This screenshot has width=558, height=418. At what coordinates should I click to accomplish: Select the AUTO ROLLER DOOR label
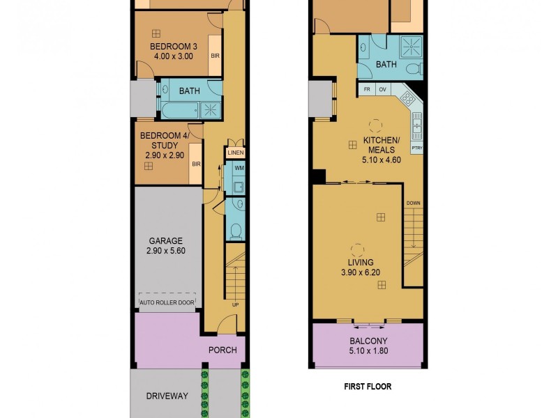tap(167, 303)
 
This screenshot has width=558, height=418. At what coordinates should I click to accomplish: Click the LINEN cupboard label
tap(235, 153)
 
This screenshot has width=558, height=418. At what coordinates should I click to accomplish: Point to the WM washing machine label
tap(239, 169)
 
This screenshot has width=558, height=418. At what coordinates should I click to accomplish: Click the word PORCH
tap(223, 350)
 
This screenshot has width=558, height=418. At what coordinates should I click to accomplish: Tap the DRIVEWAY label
tap(167, 396)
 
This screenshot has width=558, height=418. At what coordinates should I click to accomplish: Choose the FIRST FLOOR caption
tap(367, 386)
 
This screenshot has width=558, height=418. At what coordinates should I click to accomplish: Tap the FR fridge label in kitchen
tap(365, 90)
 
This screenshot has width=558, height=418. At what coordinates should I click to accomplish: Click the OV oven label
tap(382, 90)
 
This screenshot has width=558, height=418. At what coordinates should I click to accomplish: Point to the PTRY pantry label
tap(417, 148)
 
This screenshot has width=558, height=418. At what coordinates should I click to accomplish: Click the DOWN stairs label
tap(414, 203)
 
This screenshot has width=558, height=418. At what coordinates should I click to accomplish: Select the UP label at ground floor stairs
tap(235, 304)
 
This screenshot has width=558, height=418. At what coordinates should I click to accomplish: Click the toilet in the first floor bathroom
tap(414, 68)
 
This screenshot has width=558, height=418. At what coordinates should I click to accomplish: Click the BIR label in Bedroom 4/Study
tap(197, 164)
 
